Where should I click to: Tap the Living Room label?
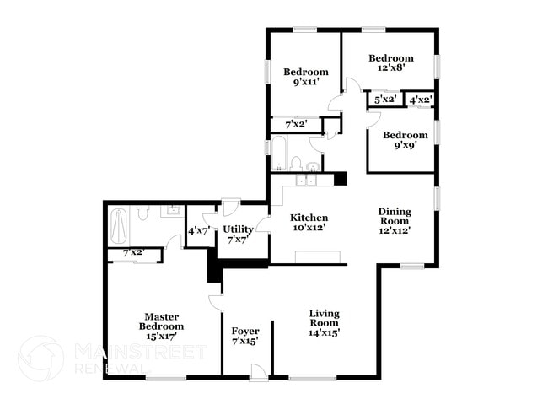(324, 317)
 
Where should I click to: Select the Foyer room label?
(244, 330)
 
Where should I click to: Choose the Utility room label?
(238, 229)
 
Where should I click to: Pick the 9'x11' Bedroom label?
(304, 72)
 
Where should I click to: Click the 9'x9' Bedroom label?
(405, 135)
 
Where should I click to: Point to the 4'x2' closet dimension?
(421, 100)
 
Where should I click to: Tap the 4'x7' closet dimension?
(199, 229)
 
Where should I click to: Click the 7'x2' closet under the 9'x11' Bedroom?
(295, 125)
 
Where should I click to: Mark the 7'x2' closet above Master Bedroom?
(133, 252)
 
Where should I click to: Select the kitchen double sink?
(304, 179)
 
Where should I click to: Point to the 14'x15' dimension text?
(324, 332)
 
